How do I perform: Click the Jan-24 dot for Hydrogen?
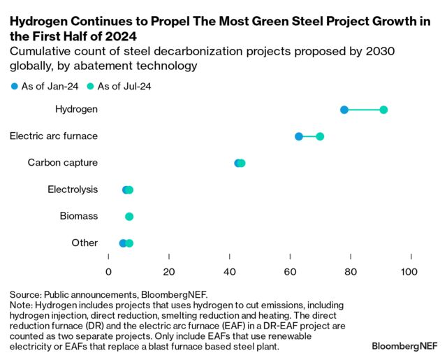pos(344,110)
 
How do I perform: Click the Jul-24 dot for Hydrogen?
pos(383,110)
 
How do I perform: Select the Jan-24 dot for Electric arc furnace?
pos(299,136)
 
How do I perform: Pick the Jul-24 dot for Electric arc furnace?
pos(320,136)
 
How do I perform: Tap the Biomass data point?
pos(129,217)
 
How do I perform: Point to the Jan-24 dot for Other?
pos(123,243)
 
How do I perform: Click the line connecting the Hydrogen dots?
pos(364,110)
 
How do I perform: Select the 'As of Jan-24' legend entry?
pos(43,87)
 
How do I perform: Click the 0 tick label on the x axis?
pos(108,271)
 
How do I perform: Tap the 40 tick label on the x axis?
pos(230,271)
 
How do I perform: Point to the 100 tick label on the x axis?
pos(411,271)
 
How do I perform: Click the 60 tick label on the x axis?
pos(290,271)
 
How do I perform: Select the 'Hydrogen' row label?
pos(76,110)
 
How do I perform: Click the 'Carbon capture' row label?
pos(63,163)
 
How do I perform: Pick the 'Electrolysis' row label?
pos(73,189)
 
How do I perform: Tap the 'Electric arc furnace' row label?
pos(54,136)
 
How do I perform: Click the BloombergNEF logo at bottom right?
pos(404,346)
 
